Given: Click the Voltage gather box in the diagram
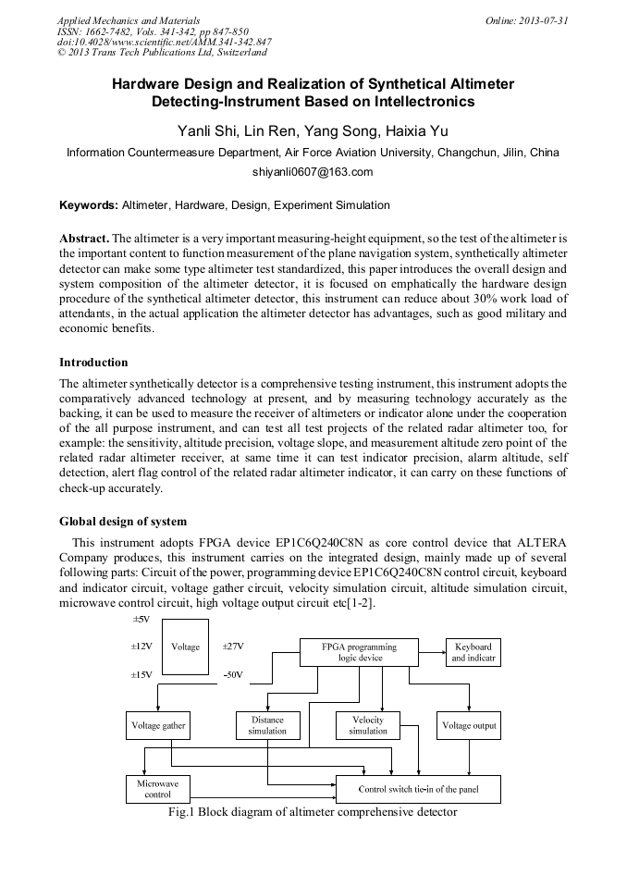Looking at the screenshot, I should pyautogui.click(x=158, y=726).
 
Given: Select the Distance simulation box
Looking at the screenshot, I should pyautogui.click(x=267, y=726).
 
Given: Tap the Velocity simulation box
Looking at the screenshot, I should pyautogui.click(x=368, y=726).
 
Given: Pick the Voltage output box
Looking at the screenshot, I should pyautogui.click(x=469, y=726).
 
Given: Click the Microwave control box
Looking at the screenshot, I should pyautogui.click(x=158, y=789).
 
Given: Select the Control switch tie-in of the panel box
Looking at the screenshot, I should pyautogui.click(x=417, y=789).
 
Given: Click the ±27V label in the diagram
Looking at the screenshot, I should pyautogui.click(x=232, y=647).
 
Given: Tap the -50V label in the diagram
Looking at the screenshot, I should pyautogui.click(x=232, y=675).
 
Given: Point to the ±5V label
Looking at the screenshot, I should pyautogui.click(x=141, y=619).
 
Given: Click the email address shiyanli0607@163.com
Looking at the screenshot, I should pyautogui.click(x=313, y=172).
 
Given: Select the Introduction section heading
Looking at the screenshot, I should pyautogui.click(x=93, y=362).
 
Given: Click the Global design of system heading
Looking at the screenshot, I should pyautogui.click(x=123, y=522).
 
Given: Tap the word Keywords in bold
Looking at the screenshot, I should pyautogui.click(x=88, y=204).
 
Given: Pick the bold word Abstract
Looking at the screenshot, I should pyautogui.click(x=84, y=238).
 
